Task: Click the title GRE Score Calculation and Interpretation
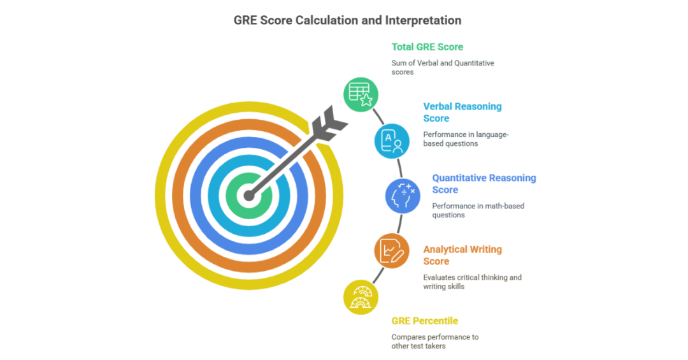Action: [347, 20]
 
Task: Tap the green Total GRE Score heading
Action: [427, 47]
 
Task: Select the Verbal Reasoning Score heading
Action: [462, 112]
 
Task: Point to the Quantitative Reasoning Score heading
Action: [484, 184]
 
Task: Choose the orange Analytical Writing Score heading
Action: [462, 255]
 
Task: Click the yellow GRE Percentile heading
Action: [424, 320]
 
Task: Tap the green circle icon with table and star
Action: [361, 94]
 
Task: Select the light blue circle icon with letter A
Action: [391, 141]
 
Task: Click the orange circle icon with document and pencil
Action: [391, 250]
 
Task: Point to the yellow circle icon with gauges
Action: [361, 297]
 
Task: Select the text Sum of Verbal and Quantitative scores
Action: [443, 68]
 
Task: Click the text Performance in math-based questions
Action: [478, 210]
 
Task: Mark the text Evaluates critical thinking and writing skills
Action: [472, 282]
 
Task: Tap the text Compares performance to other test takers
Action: [435, 341]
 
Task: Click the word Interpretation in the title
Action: [423, 20]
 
